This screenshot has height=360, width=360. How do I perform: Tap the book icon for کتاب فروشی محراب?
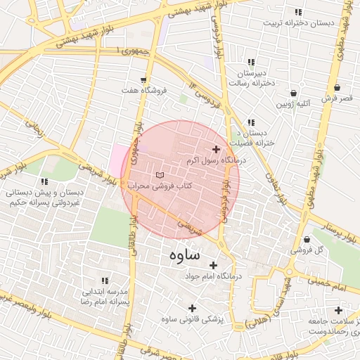pyautogui.click(x=159, y=174)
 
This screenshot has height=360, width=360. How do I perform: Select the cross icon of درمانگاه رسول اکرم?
pyautogui.click(x=215, y=149)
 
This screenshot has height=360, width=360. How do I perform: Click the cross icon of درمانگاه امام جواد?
pyautogui.click(x=213, y=265)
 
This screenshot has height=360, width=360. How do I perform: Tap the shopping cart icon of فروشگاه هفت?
pyautogui.click(x=143, y=79)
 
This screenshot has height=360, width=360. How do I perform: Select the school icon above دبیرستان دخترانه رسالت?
pyautogui.click(x=251, y=63)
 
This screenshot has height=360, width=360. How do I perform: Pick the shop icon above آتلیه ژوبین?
pyautogui.click(x=293, y=93)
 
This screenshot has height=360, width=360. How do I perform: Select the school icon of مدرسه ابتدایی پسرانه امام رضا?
pyautogui.click(x=105, y=280)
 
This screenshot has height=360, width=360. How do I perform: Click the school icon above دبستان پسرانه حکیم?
pyautogui.click(x=44, y=162)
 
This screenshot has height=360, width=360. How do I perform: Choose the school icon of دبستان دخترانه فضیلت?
pyautogui.click(x=251, y=122)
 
